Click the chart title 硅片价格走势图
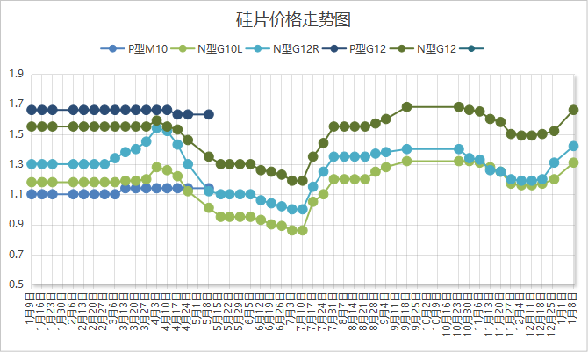(294, 18)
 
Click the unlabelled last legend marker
(475, 48)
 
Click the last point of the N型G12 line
(574, 110)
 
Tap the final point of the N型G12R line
(574, 146)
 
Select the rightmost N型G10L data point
(574, 162)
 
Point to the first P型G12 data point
(32, 110)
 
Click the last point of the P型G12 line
(209, 114)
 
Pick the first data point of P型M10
(32, 194)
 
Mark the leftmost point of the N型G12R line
(32, 164)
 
